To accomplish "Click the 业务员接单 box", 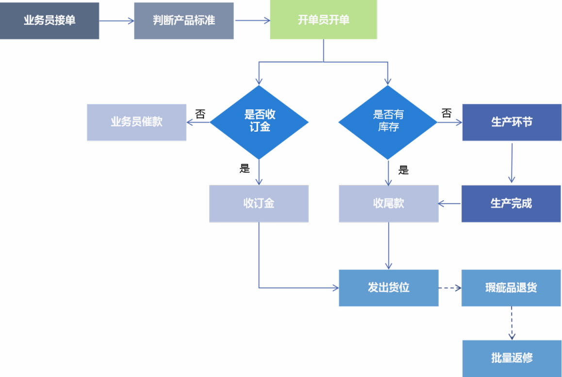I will pos(50,20).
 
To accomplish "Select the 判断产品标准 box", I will pos(184,21).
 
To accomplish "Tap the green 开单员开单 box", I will pos(323,20).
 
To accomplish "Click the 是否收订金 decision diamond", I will pos(259,121).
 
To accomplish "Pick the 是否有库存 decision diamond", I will pos(388,121).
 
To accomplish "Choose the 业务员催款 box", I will pos(136,122).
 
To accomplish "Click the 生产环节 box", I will pos(512,122).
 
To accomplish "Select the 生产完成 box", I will pos(511,204).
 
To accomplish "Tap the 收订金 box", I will pos(259,204).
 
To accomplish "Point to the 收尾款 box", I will pos(388,204).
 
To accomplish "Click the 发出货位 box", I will pos(388,288).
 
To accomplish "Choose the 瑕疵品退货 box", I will pos(511,288).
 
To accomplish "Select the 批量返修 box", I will pos(512,359).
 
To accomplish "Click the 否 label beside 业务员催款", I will pos(200,114).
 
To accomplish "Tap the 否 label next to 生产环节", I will pos(446,113).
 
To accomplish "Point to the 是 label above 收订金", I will pos(245,169).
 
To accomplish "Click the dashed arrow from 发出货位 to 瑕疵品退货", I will pos(450,288).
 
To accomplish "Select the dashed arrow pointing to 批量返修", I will pos(512,323).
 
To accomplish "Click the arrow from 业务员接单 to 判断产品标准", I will pos(116,20).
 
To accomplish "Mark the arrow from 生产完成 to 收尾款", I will pos(450,204).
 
